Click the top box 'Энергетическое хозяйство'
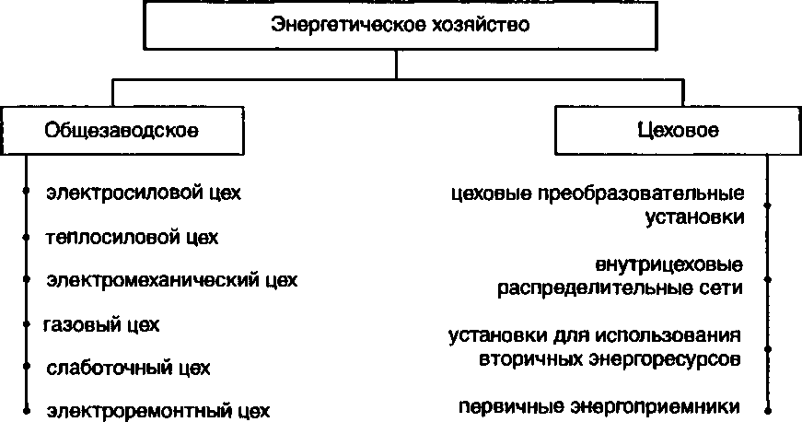[399, 25]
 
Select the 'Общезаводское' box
[122, 130]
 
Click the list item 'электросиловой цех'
[143, 193]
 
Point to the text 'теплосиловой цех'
[132, 237]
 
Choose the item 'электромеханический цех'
[171, 280]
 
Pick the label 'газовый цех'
[102, 324]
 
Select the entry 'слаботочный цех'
[128, 368]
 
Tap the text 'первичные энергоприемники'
[599, 405]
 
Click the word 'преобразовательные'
[644, 194]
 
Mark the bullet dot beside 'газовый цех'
[28, 324]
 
